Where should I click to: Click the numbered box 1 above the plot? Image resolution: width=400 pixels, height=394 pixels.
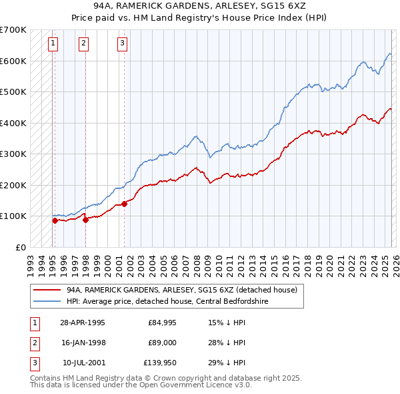click(x=53, y=44)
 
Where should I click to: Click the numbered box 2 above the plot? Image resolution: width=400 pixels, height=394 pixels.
click(x=83, y=44)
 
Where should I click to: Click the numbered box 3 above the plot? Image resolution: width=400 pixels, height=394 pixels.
click(x=122, y=44)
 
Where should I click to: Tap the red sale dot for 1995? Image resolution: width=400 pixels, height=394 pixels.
click(x=55, y=220)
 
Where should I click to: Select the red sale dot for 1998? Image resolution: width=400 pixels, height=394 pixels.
click(x=85, y=220)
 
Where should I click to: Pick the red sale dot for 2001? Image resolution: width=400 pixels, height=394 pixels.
click(x=125, y=203)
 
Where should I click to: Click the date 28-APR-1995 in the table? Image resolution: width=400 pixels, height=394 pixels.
click(x=82, y=323)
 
